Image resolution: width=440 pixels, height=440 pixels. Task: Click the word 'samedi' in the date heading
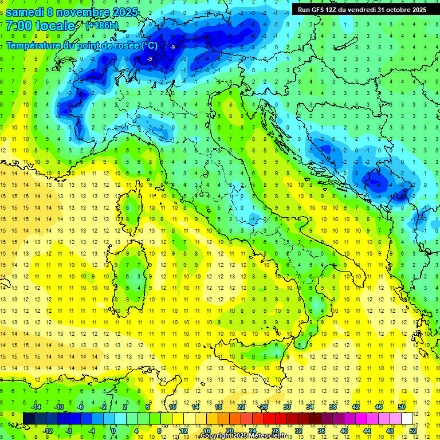click(x=26, y=11)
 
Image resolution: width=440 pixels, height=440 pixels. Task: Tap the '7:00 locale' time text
click(x=40, y=26)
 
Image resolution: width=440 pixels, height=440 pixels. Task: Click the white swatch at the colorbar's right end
click(x=407, y=418)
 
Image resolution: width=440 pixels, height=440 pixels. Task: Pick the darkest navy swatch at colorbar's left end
click(x=29, y=418)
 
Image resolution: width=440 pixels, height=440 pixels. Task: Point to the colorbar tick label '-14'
click(x=36, y=406)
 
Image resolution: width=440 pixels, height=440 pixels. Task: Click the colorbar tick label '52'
click(x=413, y=430)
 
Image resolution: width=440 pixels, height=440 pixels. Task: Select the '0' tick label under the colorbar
click(x=113, y=430)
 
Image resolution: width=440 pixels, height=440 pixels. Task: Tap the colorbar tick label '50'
click(x=402, y=406)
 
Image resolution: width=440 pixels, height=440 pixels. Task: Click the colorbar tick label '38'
click(x=333, y=406)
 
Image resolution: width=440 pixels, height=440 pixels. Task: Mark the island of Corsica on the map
click(x=133, y=209)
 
